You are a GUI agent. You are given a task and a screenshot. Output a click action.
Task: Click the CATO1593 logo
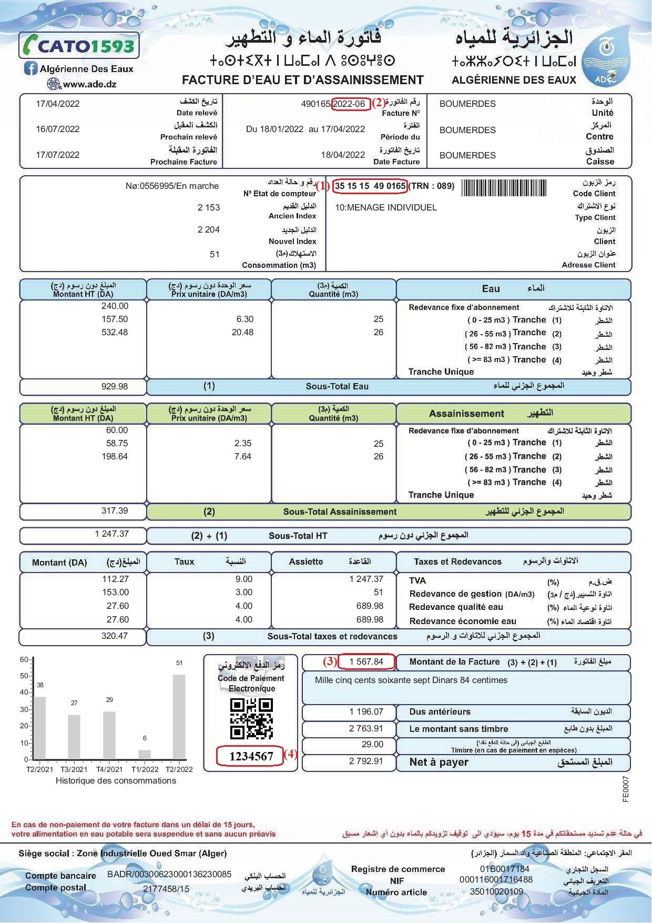(x=79, y=46)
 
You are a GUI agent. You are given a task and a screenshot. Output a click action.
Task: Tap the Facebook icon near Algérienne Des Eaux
(x=31, y=68)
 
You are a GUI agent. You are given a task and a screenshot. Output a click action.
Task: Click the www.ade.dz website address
(x=89, y=84)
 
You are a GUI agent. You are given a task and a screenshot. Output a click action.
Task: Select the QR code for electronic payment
(x=251, y=718)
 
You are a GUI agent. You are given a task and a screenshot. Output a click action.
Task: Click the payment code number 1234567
(x=251, y=757)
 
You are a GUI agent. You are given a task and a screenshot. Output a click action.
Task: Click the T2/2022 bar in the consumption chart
(x=179, y=717)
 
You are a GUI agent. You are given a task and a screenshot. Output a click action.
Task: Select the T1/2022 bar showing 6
(x=145, y=755)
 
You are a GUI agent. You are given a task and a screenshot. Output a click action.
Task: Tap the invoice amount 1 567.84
(x=366, y=661)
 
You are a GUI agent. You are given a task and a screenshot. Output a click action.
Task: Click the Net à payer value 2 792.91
(x=366, y=761)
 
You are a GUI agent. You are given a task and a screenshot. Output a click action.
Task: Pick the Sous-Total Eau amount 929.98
(x=115, y=386)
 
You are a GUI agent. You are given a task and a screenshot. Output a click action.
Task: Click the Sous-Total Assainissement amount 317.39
(x=115, y=510)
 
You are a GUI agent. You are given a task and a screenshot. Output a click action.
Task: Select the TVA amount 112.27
(x=115, y=579)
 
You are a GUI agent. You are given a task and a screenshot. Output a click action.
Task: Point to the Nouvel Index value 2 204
(x=209, y=229)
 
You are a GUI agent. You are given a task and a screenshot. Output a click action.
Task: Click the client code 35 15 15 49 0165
(x=370, y=186)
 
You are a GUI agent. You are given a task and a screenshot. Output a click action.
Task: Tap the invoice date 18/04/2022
(x=343, y=154)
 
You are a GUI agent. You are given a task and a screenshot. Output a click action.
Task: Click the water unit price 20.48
(x=242, y=332)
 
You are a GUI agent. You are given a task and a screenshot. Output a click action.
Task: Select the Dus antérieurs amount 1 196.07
(x=366, y=711)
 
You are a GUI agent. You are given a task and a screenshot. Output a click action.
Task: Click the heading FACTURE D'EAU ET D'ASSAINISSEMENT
(x=302, y=80)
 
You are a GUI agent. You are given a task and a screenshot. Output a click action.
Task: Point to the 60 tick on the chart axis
(x=24, y=659)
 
